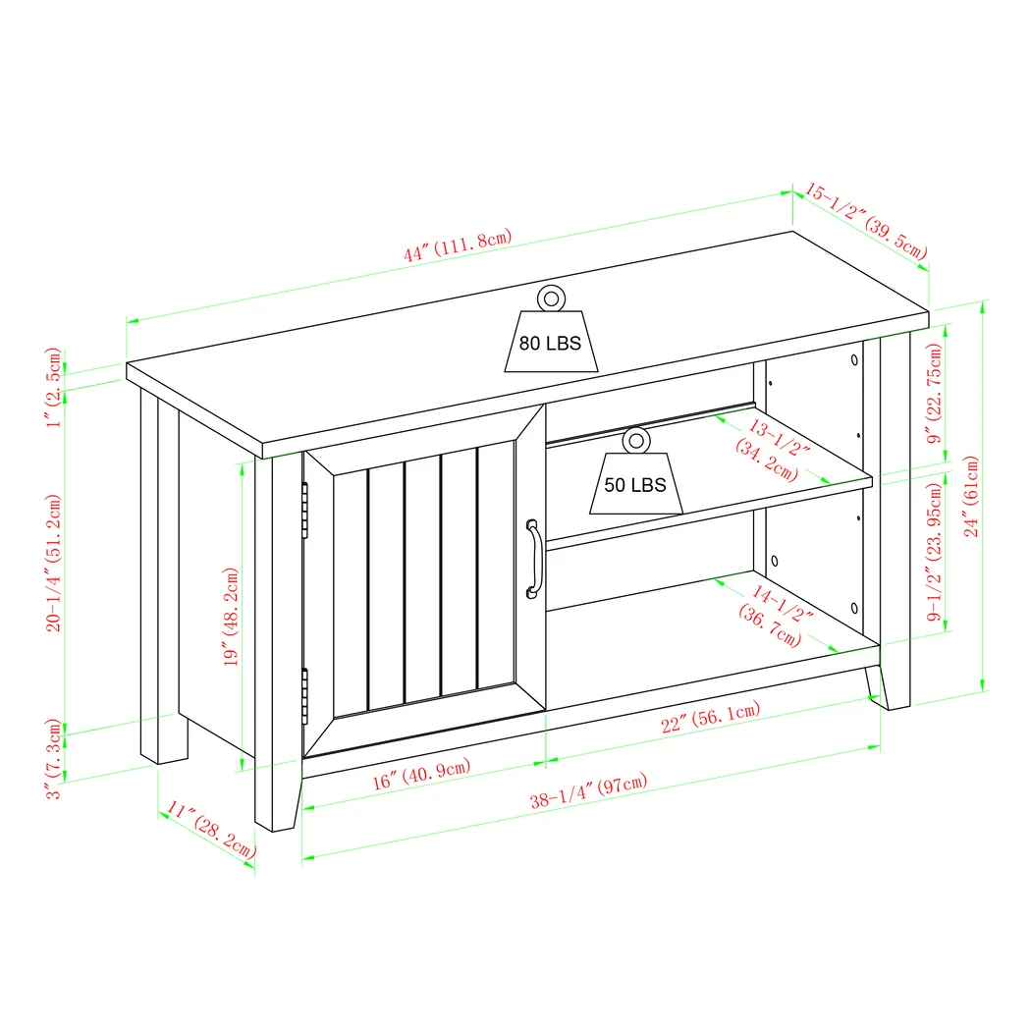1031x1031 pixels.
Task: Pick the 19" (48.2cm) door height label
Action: (x=232, y=617)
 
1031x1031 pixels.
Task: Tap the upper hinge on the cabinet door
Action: (x=305, y=510)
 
